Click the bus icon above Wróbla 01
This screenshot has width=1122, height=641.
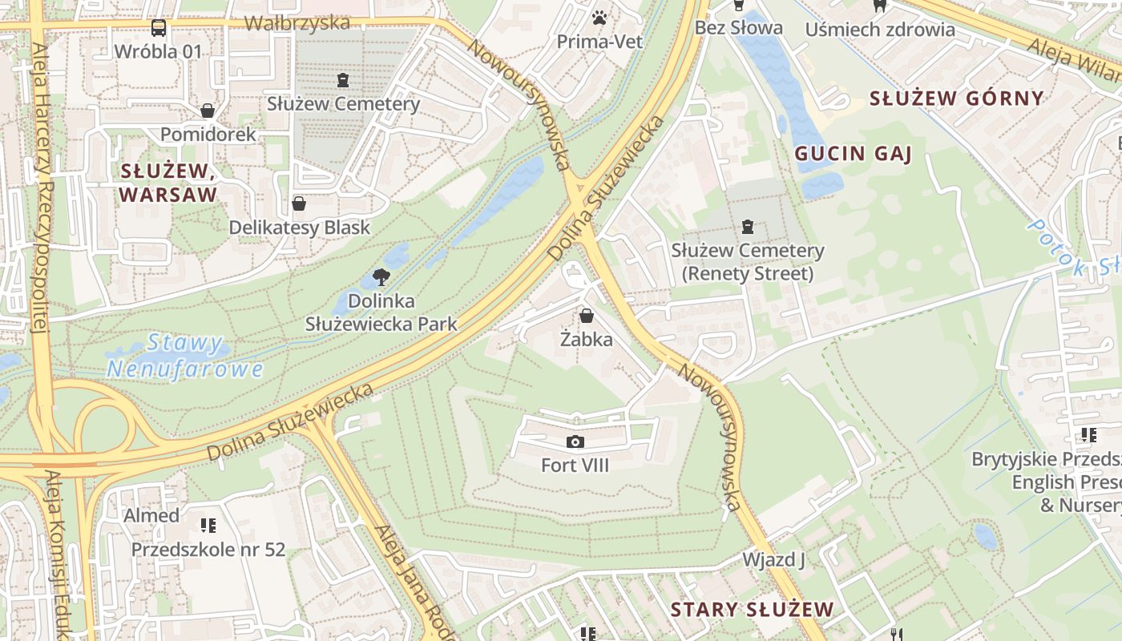click(159, 29)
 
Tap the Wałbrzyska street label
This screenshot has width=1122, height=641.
click(297, 22)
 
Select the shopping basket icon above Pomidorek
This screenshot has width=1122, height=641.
click(208, 111)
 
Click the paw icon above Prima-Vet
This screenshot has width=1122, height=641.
click(599, 18)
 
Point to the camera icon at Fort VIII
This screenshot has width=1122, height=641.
click(575, 441)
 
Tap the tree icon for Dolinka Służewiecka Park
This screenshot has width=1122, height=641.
click(381, 277)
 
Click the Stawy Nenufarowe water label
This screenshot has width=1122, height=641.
click(184, 357)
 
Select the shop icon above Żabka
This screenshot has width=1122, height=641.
click(586, 316)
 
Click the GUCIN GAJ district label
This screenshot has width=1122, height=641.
click(853, 154)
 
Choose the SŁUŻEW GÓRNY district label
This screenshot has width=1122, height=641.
click(957, 99)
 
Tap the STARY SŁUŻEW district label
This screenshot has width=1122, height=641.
click(752, 609)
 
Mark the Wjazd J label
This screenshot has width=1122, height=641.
click(773, 559)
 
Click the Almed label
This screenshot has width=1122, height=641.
click(151, 515)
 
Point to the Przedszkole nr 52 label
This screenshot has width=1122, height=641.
click(208, 550)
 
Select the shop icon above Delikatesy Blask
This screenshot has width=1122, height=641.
click(299, 204)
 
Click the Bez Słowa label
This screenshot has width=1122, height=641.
click(738, 28)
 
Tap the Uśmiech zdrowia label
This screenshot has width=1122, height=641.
click(879, 30)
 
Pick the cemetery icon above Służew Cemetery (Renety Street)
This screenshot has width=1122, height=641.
click(748, 227)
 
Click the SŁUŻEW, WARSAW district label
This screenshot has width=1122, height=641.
click(167, 183)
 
